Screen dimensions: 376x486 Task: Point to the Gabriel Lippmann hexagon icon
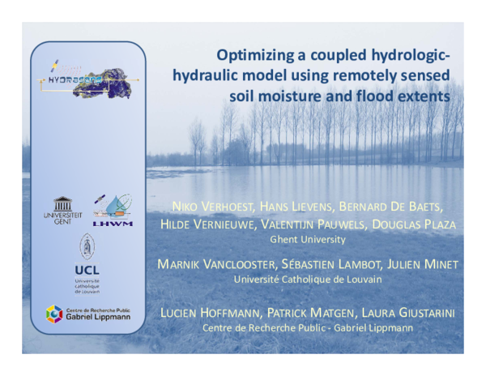(53, 314)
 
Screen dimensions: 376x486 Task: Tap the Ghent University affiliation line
(307, 240)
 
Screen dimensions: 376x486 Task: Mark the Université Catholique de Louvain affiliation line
(308, 280)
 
